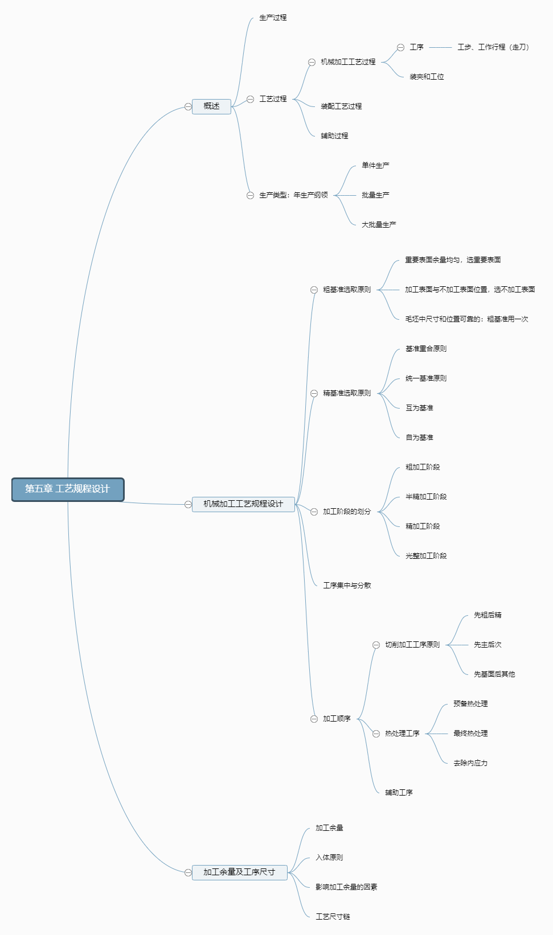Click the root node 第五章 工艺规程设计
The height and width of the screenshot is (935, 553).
(68, 489)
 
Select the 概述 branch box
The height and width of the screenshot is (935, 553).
(211, 106)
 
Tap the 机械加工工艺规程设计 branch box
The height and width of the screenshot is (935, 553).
(243, 504)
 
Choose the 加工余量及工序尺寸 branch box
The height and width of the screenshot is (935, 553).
(239, 872)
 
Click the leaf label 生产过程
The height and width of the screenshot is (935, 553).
(273, 18)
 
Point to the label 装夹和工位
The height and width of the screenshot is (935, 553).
(427, 77)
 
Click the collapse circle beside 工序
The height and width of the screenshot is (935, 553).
(401, 48)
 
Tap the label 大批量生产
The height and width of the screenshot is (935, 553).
(379, 225)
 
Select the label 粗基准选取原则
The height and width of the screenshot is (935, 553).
(347, 290)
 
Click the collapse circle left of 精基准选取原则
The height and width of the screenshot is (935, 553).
(314, 394)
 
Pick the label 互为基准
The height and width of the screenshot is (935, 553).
(419, 408)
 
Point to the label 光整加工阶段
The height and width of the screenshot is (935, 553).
(426, 556)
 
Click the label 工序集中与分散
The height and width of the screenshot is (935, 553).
(347, 586)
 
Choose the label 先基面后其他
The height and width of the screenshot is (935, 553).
(494, 674)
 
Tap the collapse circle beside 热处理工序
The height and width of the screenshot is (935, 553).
(376, 734)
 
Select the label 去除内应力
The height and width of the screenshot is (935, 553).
(470, 763)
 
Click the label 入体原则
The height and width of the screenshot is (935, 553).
(329, 858)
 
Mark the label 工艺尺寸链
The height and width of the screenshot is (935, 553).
(333, 917)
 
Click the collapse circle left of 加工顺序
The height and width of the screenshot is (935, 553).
(314, 719)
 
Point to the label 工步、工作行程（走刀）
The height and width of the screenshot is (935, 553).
(493, 47)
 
